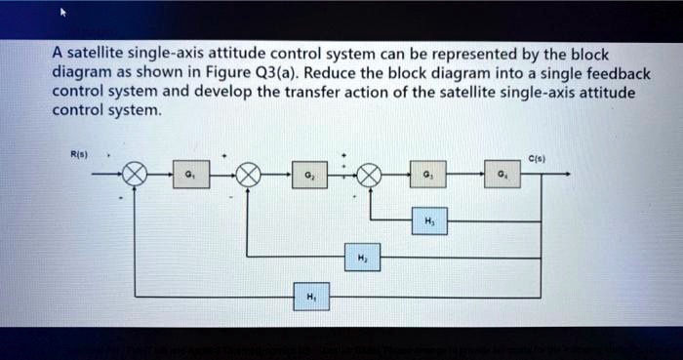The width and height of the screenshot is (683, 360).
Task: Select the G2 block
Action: point(309,175)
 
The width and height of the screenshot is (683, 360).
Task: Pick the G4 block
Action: point(499,175)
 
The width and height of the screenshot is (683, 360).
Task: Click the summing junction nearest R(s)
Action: point(136,176)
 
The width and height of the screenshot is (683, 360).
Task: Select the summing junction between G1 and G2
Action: point(249,176)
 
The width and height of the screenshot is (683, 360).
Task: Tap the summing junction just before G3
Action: point(369,176)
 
